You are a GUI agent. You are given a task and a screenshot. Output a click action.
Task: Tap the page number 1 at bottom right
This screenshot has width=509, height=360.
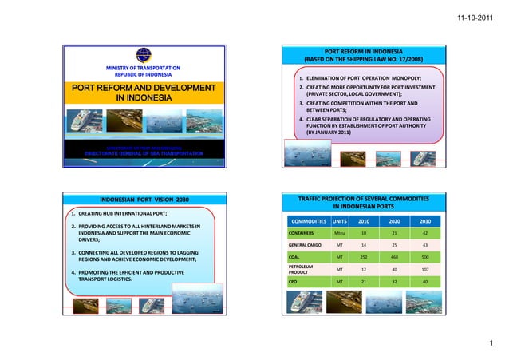pyautogui.click(x=496, y=342)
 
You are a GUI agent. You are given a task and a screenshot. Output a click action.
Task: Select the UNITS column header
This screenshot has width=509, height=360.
pyautogui.click(x=340, y=220)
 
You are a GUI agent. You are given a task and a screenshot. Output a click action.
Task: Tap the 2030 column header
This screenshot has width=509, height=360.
pyautogui.click(x=425, y=220)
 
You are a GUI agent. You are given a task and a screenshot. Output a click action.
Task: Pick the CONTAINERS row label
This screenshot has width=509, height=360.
pyautogui.click(x=303, y=232)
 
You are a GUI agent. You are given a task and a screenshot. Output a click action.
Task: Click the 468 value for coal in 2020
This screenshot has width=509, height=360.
pyautogui.click(x=394, y=258)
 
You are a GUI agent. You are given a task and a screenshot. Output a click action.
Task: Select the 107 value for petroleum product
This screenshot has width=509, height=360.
pyautogui.click(x=425, y=270)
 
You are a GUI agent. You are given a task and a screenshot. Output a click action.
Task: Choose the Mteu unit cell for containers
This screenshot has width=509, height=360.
pyautogui.click(x=340, y=232)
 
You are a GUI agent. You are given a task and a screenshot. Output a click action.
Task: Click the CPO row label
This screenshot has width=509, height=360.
pyautogui.click(x=294, y=282)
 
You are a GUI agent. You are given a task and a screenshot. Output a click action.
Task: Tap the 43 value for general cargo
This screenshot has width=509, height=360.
pyautogui.click(x=425, y=245)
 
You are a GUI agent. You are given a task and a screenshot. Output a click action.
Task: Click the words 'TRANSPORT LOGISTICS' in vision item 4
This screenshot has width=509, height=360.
pyautogui.click(x=109, y=280)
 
